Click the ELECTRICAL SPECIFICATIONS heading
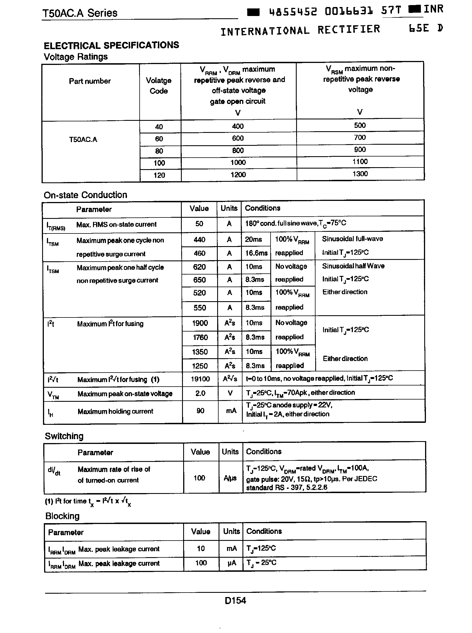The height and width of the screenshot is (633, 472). pyautogui.click(x=111, y=45)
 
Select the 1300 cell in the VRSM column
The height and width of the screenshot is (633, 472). pyautogui.click(x=360, y=174)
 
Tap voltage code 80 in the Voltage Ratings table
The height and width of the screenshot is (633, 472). pyautogui.click(x=159, y=151)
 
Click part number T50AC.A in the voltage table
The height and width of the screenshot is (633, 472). pyautogui.click(x=83, y=139)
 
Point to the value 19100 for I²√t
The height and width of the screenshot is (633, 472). pyautogui.click(x=200, y=379)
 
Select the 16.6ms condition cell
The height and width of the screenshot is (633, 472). pyautogui.click(x=256, y=253)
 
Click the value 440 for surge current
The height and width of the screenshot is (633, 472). pyautogui.click(x=199, y=240)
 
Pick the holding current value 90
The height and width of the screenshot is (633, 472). pyautogui.click(x=200, y=411)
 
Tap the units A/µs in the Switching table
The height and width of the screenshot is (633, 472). pyautogui.click(x=230, y=478)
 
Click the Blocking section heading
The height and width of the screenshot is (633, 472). pyautogui.click(x=62, y=516)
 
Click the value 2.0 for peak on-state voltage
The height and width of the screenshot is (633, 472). pyautogui.click(x=200, y=393)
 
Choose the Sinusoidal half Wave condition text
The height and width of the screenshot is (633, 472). pyautogui.click(x=353, y=266)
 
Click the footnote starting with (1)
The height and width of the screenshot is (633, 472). pyautogui.click(x=88, y=501)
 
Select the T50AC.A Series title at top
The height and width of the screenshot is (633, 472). pyautogui.click(x=80, y=13)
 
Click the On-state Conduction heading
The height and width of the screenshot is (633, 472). pyautogui.click(x=85, y=195)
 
